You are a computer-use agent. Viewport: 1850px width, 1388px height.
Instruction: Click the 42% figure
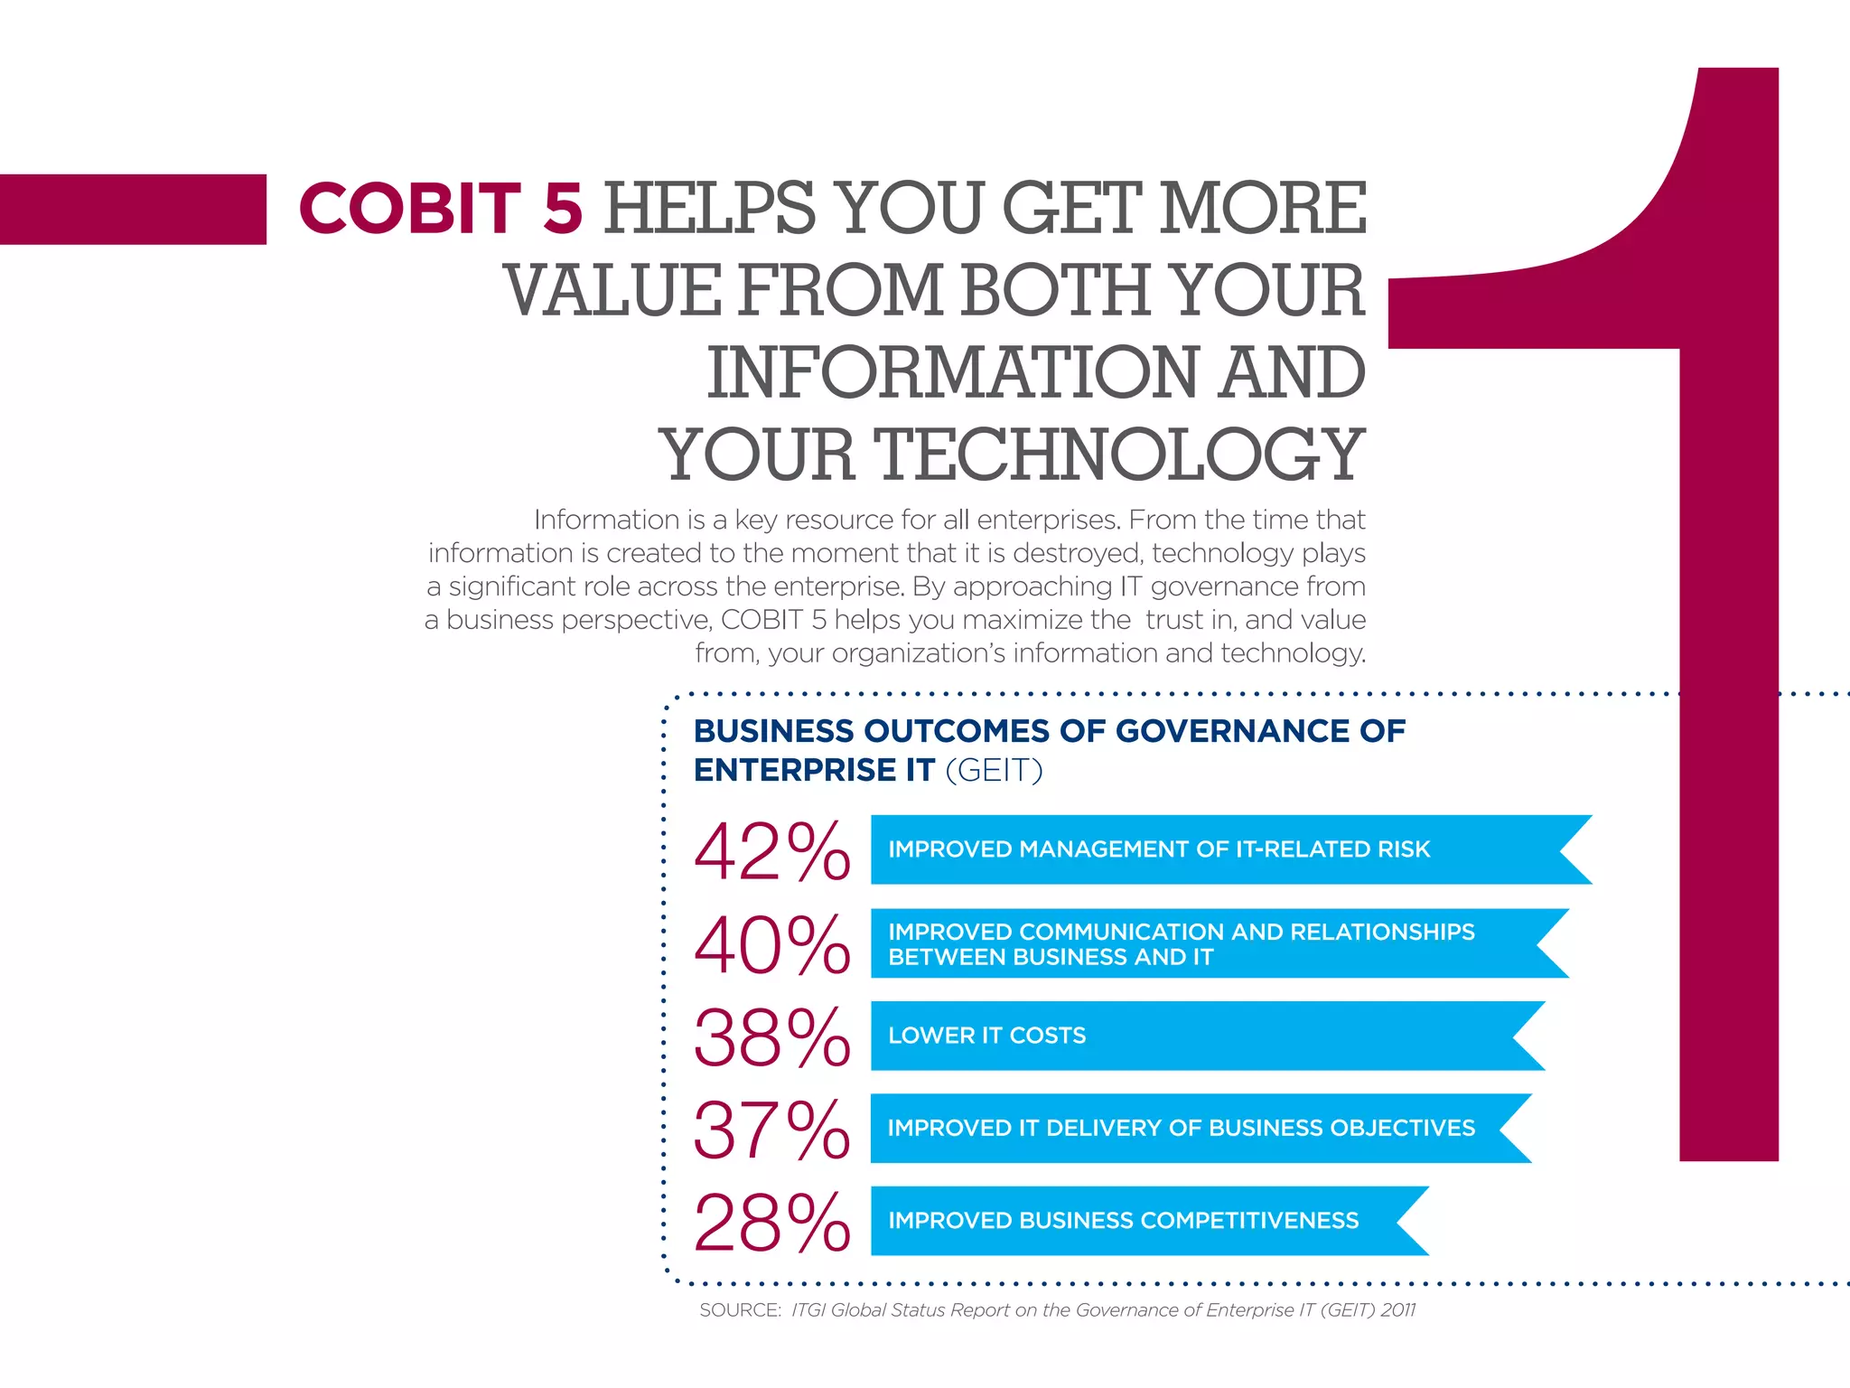pos(771,851)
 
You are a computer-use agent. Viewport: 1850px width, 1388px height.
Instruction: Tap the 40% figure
pos(771,945)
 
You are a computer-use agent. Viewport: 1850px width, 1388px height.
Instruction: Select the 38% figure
pos(771,1037)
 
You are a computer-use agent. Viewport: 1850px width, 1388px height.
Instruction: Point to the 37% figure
pos(771,1130)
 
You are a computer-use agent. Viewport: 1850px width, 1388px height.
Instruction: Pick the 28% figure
pos(771,1223)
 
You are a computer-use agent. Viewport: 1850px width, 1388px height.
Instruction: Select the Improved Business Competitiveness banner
pos(1129,1221)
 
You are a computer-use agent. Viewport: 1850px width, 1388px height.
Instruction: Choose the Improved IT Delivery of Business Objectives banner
pos(1183,1128)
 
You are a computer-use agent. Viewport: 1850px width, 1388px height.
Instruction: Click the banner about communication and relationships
pos(1192,943)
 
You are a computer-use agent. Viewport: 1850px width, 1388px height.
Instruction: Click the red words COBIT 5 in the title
pos(441,209)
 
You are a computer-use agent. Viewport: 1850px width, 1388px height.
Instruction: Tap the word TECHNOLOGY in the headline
pos(1118,455)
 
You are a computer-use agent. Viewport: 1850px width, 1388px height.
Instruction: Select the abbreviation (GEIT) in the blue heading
pos(994,771)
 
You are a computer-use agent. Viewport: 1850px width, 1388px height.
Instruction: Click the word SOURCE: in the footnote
pos(740,1310)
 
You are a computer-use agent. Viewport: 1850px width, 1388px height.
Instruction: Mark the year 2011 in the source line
pos(1397,1310)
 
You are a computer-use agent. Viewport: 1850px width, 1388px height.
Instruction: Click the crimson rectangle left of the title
pos(133,209)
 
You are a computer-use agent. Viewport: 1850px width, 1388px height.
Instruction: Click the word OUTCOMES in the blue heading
pos(957,731)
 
